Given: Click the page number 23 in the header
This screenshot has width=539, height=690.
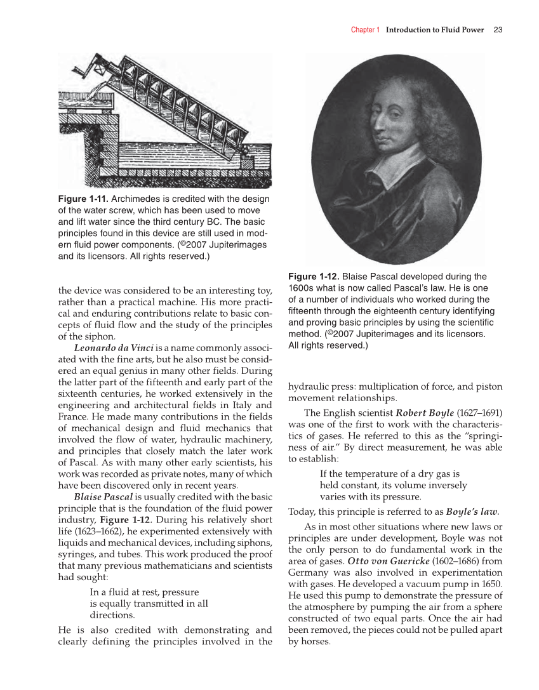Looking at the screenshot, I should [x=498, y=30].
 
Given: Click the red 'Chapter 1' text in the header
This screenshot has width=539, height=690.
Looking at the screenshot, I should [x=365, y=30].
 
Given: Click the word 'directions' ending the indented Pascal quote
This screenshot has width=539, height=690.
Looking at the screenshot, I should [x=111, y=615].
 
